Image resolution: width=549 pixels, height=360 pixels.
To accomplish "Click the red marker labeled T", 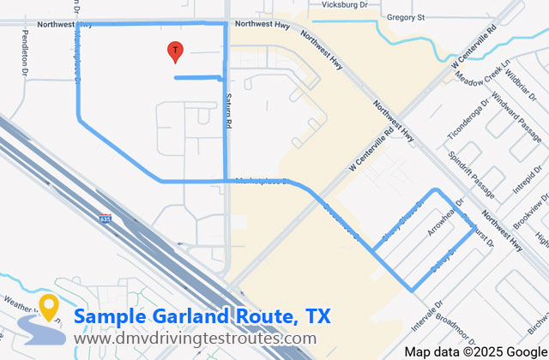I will point(175,51).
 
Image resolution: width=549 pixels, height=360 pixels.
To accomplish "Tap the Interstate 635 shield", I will point(105,219).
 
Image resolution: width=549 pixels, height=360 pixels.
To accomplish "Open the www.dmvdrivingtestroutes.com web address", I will point(195,339).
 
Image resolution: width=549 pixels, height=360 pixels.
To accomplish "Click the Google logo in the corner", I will point(525,351).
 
